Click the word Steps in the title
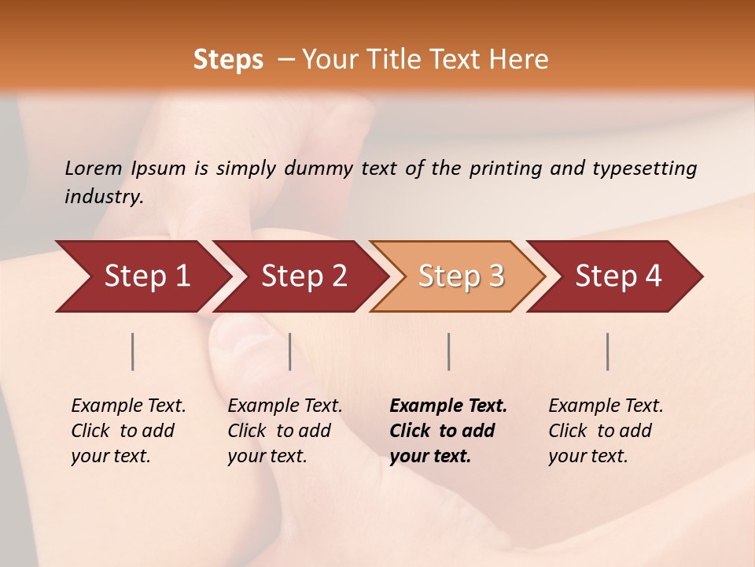(228, 60)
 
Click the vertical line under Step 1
(133, 351)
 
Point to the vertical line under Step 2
(290, 351)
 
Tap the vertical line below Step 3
(448, 351)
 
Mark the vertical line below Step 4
(608, 351)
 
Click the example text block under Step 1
(128, 431)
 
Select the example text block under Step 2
(285, 431)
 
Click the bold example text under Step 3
(447, 431)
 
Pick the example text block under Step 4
(606, 431)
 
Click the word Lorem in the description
(94, 169)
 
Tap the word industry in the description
(104, 197)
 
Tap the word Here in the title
(519, 60)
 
